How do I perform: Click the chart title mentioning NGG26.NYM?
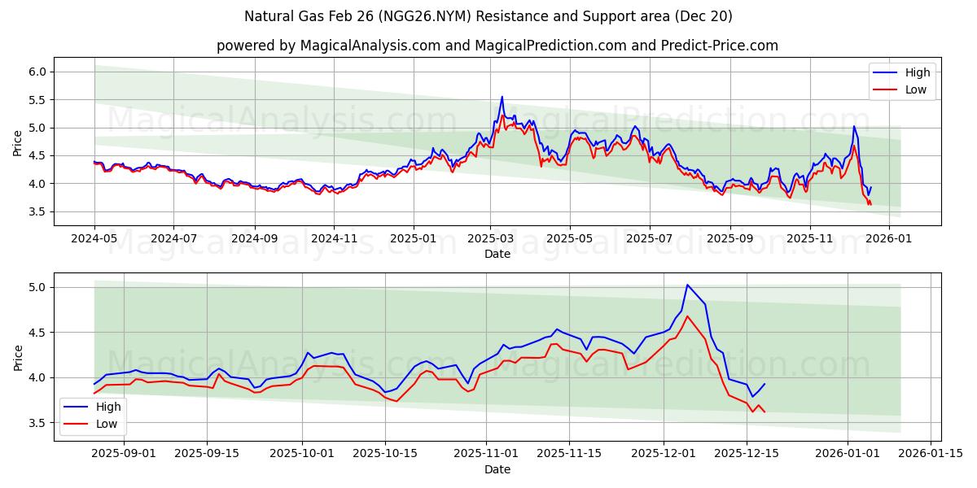tap(488, 16)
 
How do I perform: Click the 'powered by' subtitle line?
tap(497, 46)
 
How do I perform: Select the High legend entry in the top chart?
tap(904, 72)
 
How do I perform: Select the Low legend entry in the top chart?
tap(904, 89)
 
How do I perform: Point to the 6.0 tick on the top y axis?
tap(37, 72)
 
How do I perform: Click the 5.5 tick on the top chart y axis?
tap(37, 100)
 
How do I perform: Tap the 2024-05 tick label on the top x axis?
tap(94, 239)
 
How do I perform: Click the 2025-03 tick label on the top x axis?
tap(490, 239)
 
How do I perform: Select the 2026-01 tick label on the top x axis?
tap(888, 239)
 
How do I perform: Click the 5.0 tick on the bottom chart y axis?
tap(37, 287)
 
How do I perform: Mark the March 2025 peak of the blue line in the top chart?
tap(502, 97)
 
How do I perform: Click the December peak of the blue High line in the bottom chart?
tap(687, 285)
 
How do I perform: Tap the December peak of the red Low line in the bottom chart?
tap(687, 316)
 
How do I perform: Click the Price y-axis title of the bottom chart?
tap(18, 357)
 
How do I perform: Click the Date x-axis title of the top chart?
tap(497, 254)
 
